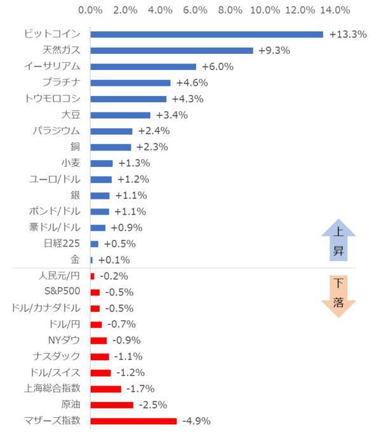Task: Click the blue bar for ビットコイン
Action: pos(206,34)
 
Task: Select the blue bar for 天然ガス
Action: pos(171,50)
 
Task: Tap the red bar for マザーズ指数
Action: pos(133,420)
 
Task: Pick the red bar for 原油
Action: pos(112,405)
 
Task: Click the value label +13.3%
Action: pos(348,34)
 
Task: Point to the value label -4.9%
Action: pos(196,420)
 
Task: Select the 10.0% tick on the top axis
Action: pos(265,10)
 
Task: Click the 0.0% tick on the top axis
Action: pos(90,10)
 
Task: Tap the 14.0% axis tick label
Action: pos(335,10)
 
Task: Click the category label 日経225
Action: pos(62,243)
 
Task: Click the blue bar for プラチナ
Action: pos(130,83)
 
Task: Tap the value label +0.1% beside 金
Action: pos(114,260)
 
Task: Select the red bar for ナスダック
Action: pos(100,356)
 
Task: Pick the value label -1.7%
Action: pos(140,389)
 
